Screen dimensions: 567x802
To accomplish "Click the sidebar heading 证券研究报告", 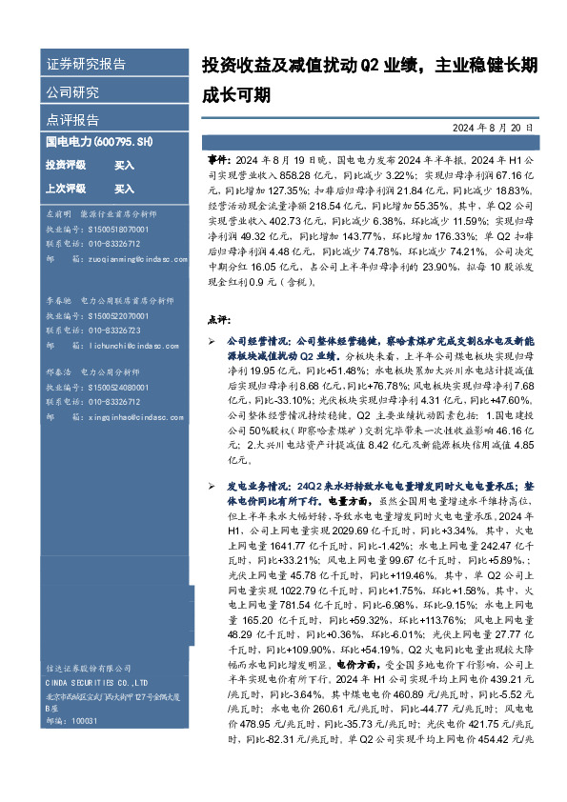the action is click(x=86, y=65).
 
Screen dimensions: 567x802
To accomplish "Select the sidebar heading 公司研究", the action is click(x=72, y=92).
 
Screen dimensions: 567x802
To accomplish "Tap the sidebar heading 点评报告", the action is click(x=72, y=120).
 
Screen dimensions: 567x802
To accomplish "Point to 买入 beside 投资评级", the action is click(x=124, y=165).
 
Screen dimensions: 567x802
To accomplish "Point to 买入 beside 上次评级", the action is click(x=124, y=189).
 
